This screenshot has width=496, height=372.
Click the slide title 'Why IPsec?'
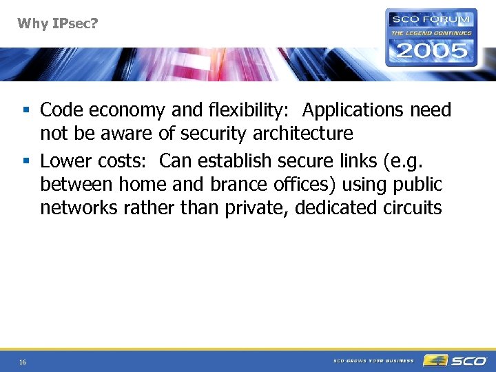(58, 24)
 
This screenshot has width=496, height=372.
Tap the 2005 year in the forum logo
(432, 50)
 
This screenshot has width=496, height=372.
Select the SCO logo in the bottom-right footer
(455, 360)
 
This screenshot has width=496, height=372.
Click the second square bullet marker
(25, 161)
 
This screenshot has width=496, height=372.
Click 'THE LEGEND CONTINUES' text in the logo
(432, 32)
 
